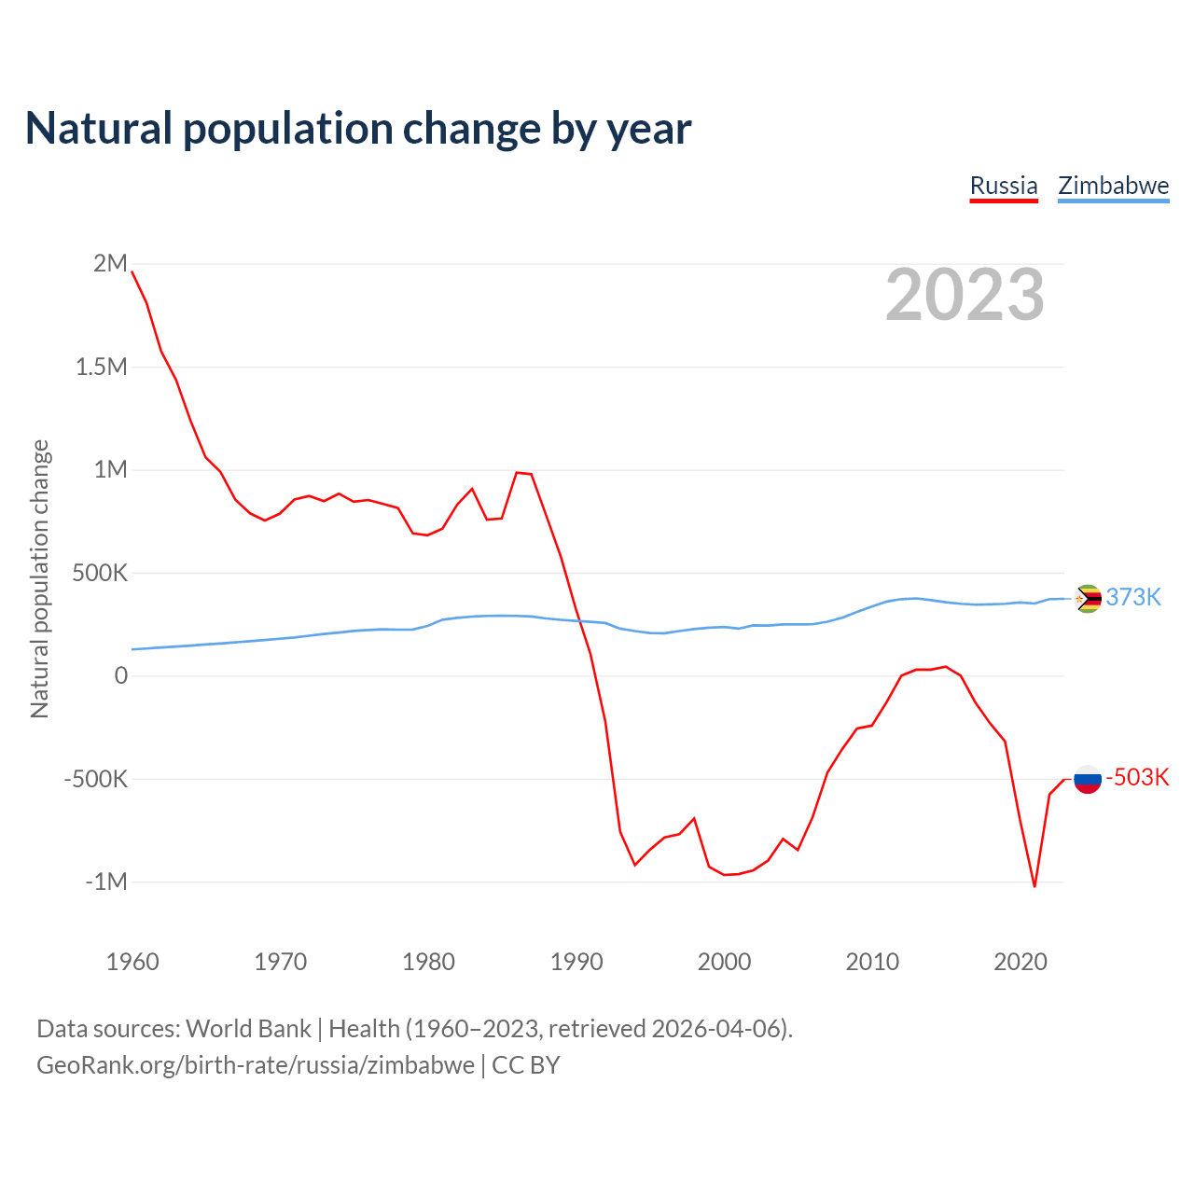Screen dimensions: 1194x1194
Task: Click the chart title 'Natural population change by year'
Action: pyautogui.click(x=358, y=129)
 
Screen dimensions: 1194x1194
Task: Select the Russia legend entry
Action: pyautogui.click(x=1004, y=186)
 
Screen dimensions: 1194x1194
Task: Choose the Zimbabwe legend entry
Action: pyautogui.click(x=1113, y=186)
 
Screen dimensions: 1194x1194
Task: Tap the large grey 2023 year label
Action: pyautogui.click(x=965, y=295)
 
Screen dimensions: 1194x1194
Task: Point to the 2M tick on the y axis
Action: pyautogui.click(x=110, y=263)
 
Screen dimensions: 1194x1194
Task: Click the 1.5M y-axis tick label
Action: pyautogui.click(x=101, y=367)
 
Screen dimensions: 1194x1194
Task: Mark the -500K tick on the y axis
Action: pyautogui.click(x=95, y=779)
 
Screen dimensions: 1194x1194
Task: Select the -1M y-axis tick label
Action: pyautogui.click(x=105, y=882)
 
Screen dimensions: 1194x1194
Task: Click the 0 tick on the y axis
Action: pyautogui.click(x=120, y=675)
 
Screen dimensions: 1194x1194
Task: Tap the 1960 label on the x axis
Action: pyautogui.click(x=132, y=962)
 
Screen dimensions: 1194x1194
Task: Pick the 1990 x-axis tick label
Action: pyautogui.click(x=576, y=962)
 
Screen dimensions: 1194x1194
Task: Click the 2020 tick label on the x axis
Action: pyautogui.click(x=1020, y=962)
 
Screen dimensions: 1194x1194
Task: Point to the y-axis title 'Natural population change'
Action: pyautogui.click(x=39, y=579)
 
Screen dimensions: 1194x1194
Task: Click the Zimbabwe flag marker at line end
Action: pyautogui.click(x=1088, y=598)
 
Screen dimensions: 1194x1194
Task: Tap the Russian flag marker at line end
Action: pyautogui.click(x=1088, y=778)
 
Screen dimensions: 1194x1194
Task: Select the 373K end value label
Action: pyautogui.click(x=1133, y=598)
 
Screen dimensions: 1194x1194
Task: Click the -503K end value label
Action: pyautogui.click(x=1137, y=778)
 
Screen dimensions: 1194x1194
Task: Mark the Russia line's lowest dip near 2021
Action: pyautogui.click(x=1034, y=885)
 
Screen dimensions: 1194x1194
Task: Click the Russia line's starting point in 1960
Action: pyautogui.click(x=132, y=271)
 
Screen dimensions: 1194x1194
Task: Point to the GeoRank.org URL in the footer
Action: pyautogui.click(x=256, y=1065)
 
